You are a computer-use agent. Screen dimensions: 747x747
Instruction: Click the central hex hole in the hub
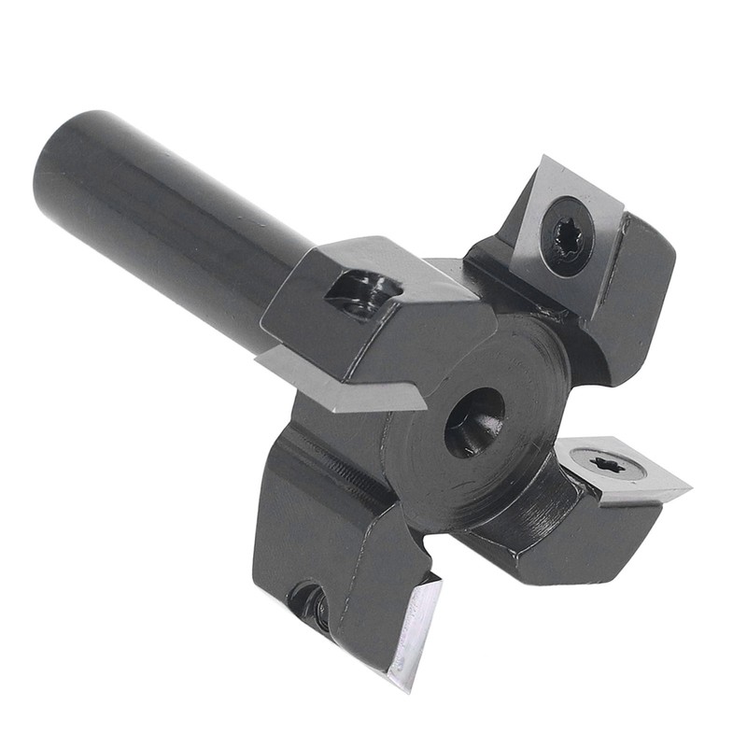(x=474, y=422)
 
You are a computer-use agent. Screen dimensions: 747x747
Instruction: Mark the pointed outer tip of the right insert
(x=689, y=487)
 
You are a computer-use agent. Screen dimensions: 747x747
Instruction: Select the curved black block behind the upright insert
(x=635, y=289)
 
